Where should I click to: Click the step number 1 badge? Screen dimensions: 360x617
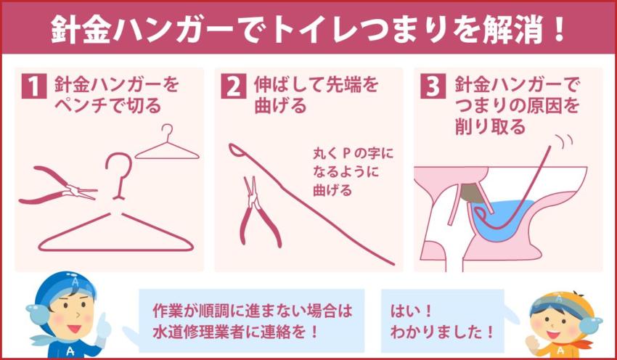[33, 86]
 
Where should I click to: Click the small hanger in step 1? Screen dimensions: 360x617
[167, 145]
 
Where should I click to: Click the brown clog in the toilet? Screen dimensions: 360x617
[473, 192]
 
